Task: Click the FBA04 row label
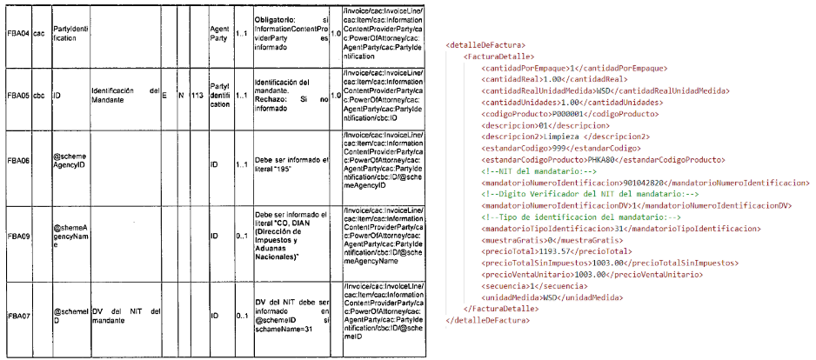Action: [17, 35]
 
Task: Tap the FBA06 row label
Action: [17, 161]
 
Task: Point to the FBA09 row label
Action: [17, 234]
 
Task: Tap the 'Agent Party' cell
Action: [221, 35]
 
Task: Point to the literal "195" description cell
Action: [291, 161]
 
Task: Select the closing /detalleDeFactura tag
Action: [486, 320]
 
